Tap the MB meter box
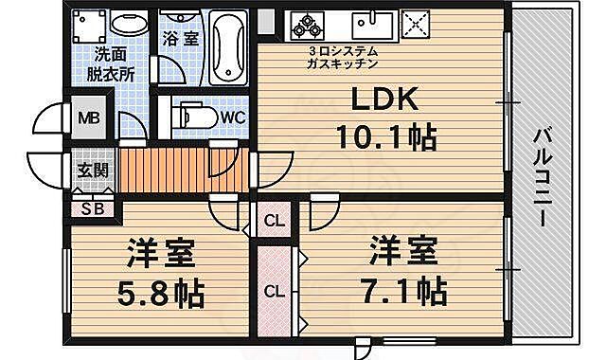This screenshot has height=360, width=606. point(88,119)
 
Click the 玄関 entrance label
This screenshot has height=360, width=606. point(93,171)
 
